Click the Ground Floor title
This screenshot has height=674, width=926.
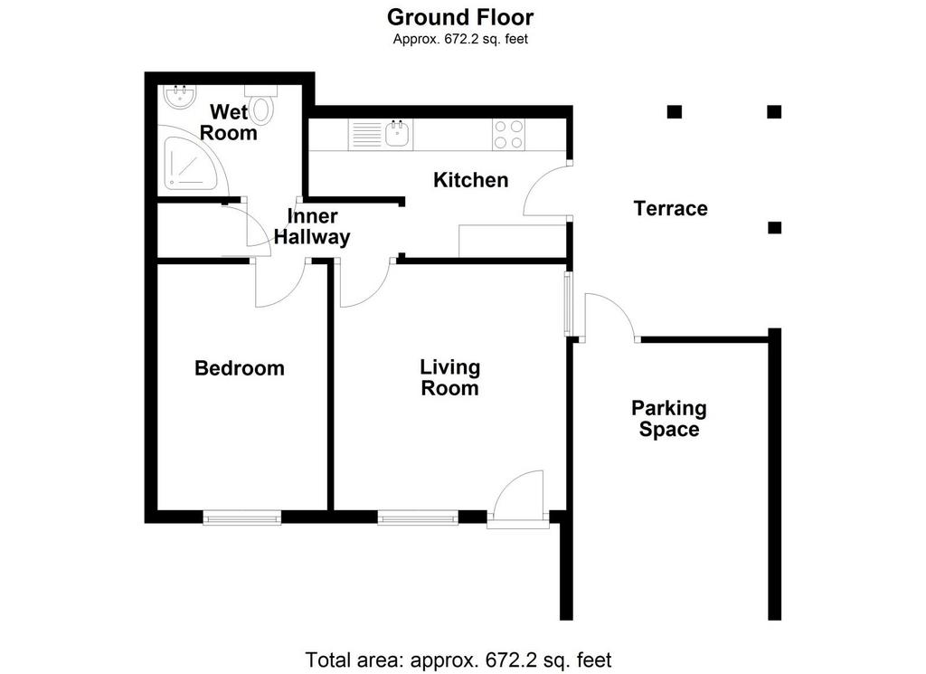tap(460, 17)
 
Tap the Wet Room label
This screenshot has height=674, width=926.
tap(228, 122)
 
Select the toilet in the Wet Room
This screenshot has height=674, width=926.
tap(261, 104)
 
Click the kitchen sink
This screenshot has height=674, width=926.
tap(381, 135)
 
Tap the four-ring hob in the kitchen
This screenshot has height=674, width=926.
tap(508, 135)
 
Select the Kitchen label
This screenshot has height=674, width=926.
tap(470, 179)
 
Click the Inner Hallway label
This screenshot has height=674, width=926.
tap(312, 227)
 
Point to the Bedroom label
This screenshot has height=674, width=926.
tap(239, 368)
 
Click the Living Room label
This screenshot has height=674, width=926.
tap(450, 377)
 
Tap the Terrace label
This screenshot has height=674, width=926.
tap(670, 208)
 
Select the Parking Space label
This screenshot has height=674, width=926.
tap(669, 418)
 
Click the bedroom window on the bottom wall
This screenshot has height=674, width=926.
tap(242, 518)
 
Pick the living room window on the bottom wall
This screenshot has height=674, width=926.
tap(418, 518)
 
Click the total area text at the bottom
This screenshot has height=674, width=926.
tap(458, 660)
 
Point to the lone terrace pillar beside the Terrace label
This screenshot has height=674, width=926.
tap(774, 227)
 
